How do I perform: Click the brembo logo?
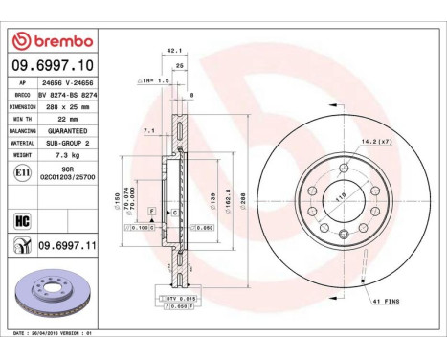53,41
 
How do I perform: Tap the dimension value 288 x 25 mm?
66,108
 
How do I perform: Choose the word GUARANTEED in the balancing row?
67,129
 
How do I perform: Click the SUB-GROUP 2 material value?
67,141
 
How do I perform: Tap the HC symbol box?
21,219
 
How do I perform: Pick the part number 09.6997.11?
64,246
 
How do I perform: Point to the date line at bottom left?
54,332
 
